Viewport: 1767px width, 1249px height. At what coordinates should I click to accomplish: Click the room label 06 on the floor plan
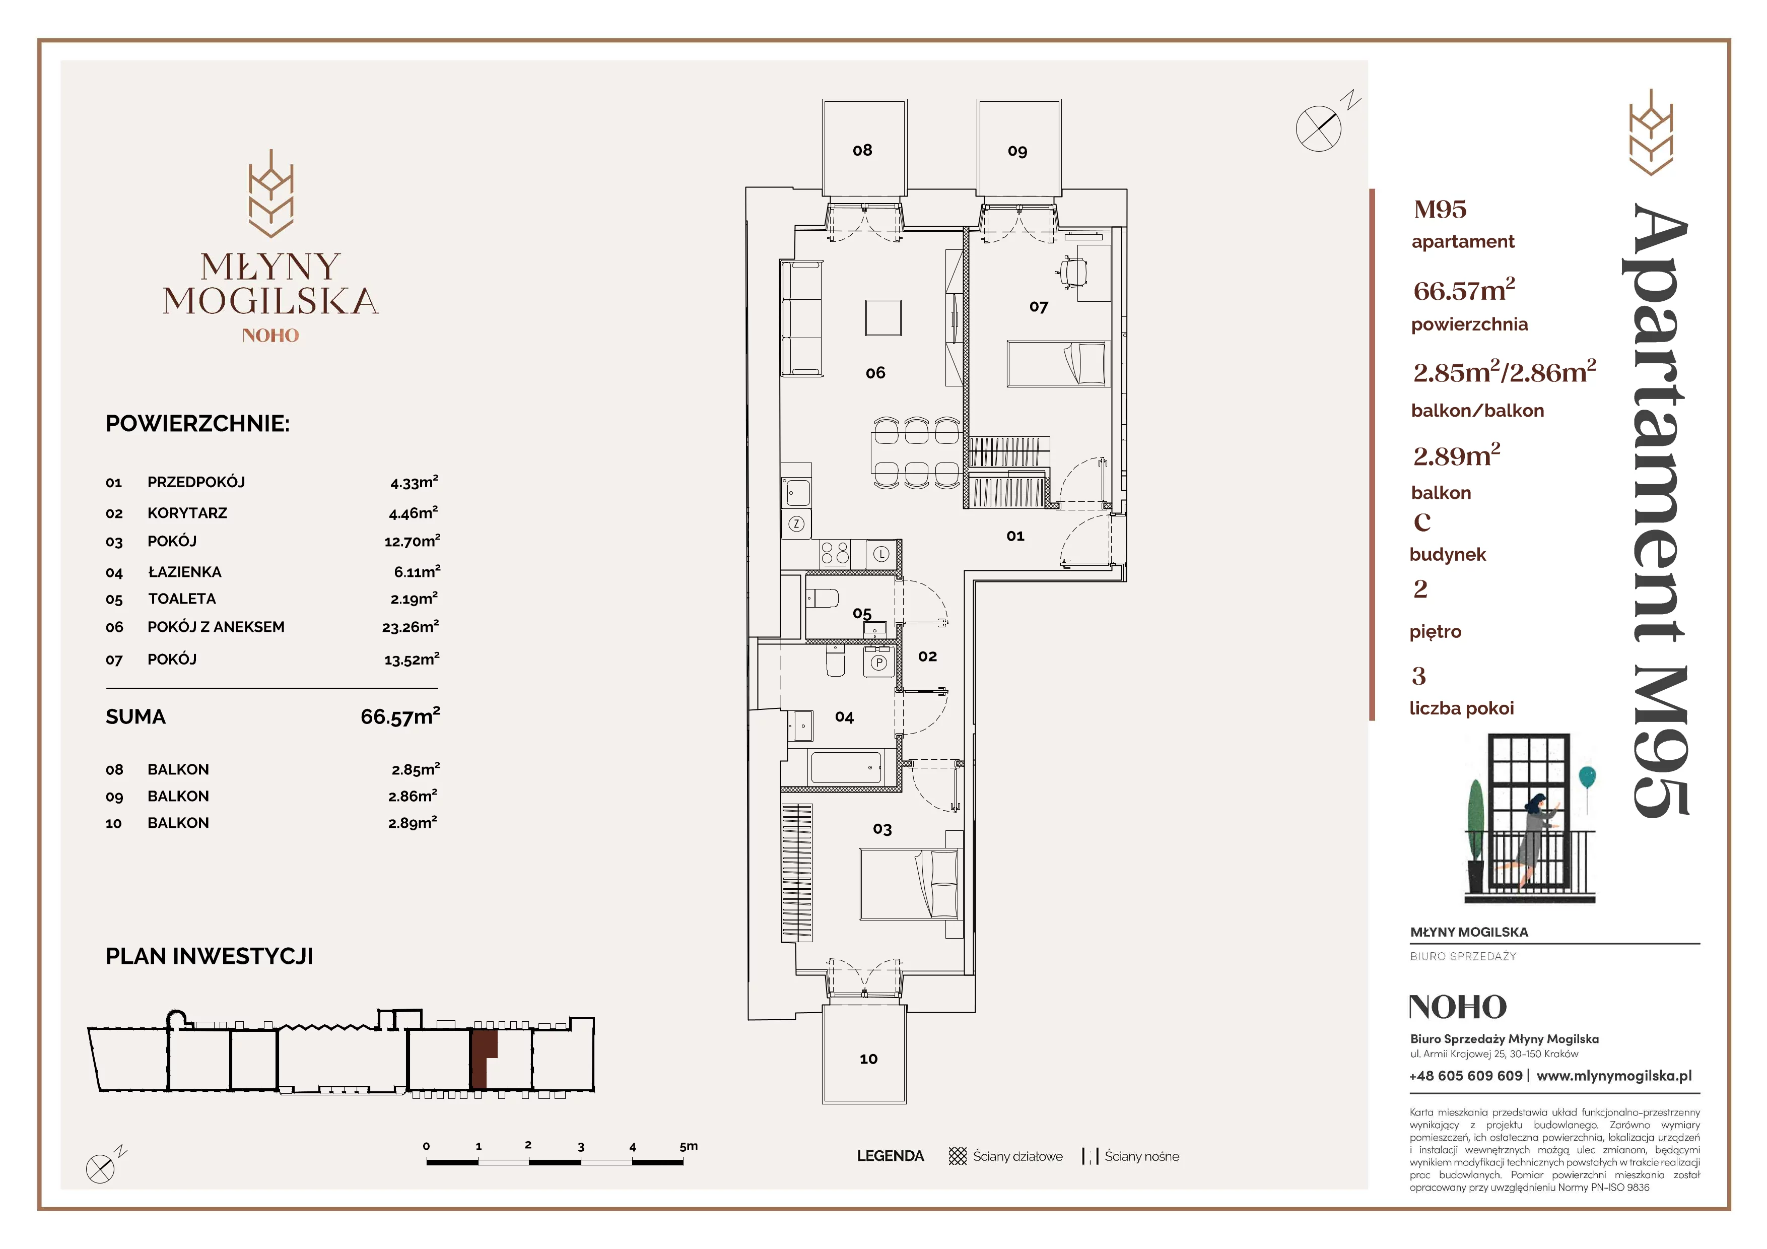(x=875, y=373)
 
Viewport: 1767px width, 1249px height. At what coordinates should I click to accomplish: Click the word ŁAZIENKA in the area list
(x=185, y=572)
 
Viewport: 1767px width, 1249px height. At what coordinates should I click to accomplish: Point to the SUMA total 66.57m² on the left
(x=400, y=716)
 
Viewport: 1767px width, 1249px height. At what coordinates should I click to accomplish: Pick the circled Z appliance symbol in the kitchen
(x=796, y=524)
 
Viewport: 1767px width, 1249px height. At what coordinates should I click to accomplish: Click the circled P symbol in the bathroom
(x=878, y=663)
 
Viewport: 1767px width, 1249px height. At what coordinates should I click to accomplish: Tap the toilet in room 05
(x=823, y=598)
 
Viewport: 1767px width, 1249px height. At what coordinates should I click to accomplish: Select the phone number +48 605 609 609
(x=1465, y=1076)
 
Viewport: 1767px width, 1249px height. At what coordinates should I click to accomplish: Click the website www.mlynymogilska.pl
(x=1614, y=1076)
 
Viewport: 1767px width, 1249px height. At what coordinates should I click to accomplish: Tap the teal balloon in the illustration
(x=1587, y=776)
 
